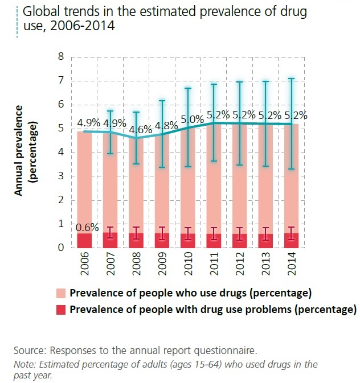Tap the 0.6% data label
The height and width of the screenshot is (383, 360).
85,228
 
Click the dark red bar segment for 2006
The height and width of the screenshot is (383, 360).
85,241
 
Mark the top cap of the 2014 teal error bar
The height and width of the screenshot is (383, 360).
292,79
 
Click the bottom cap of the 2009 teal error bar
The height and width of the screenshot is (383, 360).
162,167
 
